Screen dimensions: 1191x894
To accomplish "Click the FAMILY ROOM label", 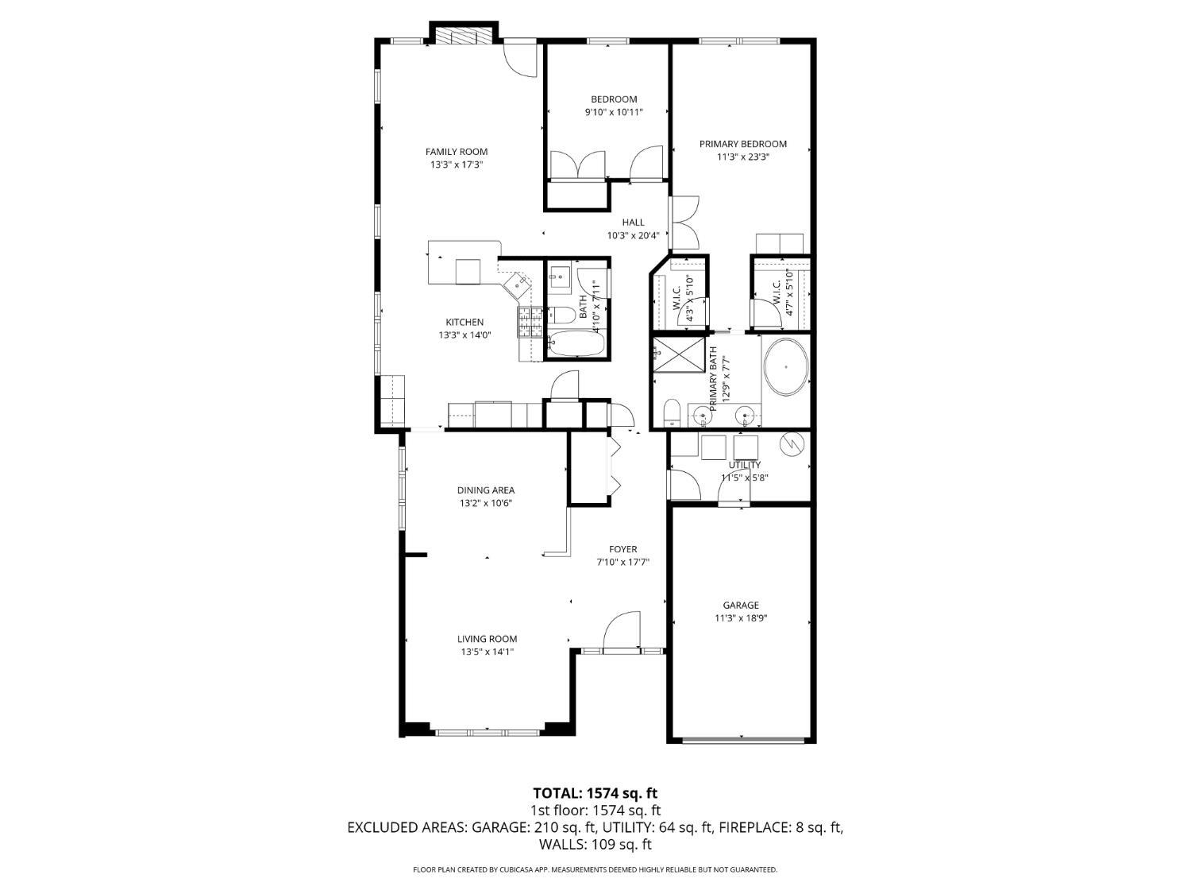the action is pos(457,152).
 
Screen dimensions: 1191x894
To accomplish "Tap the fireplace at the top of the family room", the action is pos(464,33).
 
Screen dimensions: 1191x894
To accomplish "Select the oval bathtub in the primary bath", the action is pos(786,367).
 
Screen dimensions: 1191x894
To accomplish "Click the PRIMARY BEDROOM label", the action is pos(743,144).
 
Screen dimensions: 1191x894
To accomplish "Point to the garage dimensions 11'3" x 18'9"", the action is pos(741,617).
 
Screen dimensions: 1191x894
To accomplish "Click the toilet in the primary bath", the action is pos(672,412).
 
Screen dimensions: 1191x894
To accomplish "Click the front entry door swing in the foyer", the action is pos(622,629).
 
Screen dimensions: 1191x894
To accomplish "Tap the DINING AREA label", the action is pos(486,490).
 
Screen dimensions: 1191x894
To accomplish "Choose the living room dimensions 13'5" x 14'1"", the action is pos(488,652).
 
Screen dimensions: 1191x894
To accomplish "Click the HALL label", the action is pos(633,222).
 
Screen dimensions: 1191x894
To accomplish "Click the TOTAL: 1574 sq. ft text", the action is pos(595,793).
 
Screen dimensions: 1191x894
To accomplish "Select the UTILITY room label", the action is pos(745,465).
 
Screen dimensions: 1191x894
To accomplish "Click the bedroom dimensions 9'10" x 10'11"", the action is pos(614,112).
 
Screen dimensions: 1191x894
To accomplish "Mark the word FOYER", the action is pos(623,549).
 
